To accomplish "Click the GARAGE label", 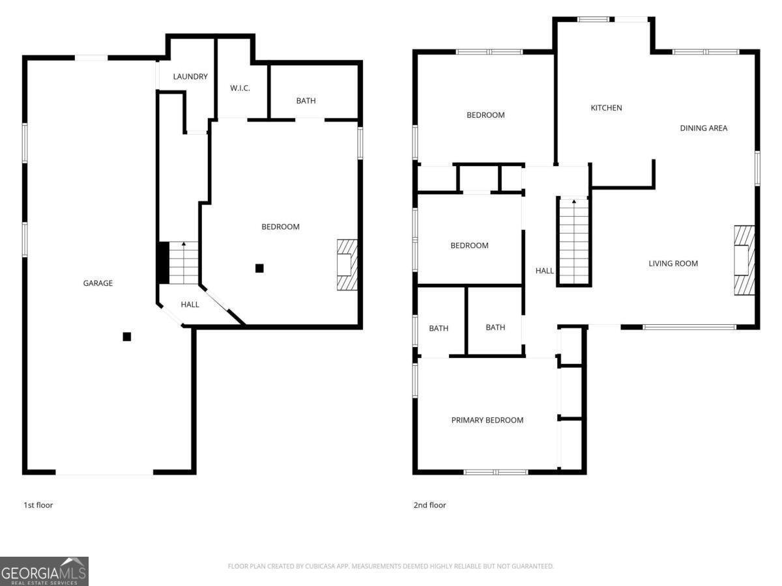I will tap(98, 283).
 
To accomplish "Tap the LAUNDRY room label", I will tap(190, 77).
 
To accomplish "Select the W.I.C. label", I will tap(240, 89).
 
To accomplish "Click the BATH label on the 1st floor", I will tap(306, 101).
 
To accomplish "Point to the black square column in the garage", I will tap(127, 337).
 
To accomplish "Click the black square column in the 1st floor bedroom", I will tap(259, 268).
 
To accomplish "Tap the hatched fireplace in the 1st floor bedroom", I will tap(347, 264).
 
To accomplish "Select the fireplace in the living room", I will tap(744, 260).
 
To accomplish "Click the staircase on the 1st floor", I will tap(183, 262).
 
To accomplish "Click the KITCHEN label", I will tap(606, 108).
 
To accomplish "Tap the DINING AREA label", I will tap(703, 128).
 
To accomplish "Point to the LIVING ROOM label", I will tap(673, 264).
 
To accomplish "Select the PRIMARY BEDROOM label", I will tap(487, 421).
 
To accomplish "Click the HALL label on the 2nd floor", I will tap(545, 271).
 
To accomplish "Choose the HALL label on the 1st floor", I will tap(190, 305).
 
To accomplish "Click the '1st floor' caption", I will tap(38, 505).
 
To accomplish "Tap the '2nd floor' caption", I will tap(429, 505).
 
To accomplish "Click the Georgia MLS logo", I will tap(44, 571).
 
